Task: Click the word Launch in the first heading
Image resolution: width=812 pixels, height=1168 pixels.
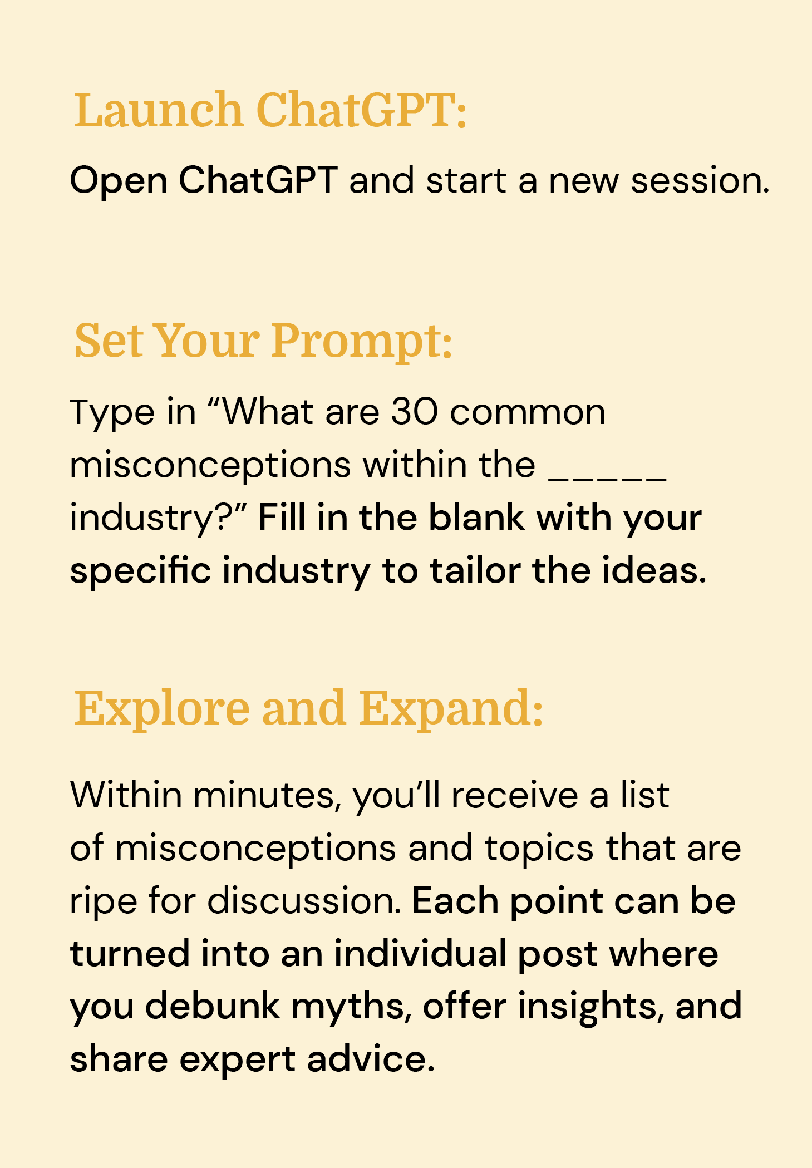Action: click(159, 110)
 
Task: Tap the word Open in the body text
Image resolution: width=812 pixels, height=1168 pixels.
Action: click(119, 181)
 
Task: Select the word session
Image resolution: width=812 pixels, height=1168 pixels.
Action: click(700, 181)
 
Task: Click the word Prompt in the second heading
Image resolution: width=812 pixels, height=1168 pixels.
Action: click(362, 341)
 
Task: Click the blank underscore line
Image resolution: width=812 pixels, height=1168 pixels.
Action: click(608, 477)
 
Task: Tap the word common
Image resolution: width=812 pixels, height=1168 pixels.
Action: click(528, 412)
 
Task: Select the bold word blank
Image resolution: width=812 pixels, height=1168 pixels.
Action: click(476, 518)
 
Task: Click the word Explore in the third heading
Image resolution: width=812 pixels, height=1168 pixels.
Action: click(162, 709)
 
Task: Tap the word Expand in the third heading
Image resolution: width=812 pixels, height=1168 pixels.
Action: click(450, 709)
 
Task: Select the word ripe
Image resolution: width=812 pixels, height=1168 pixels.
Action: click(103, 901)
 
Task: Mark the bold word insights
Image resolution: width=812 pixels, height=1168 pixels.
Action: click(592, 1007)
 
